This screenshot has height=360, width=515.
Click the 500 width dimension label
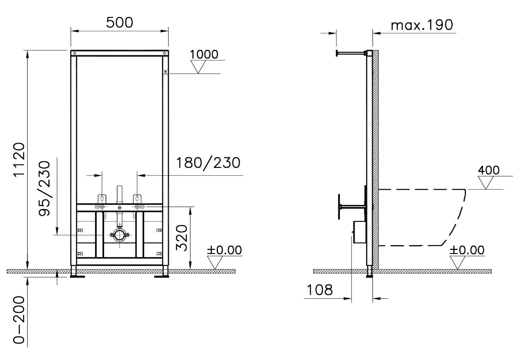click(x=119, y=22)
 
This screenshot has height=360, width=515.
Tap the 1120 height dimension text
click(x=19, y=160)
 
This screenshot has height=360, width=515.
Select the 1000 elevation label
click(x=204, y=55)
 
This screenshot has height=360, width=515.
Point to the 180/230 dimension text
click(x=208, y=163)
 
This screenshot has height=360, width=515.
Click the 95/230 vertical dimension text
click(x=44, y=188)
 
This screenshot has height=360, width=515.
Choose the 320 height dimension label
click(x=182, y=237)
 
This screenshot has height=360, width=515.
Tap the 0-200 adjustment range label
click(x=19, y=320)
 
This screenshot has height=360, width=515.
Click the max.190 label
click(x=422, y=25)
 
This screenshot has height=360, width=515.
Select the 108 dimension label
click(x=320, y=290)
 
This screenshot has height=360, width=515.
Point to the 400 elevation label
click(x=488, y=170)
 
